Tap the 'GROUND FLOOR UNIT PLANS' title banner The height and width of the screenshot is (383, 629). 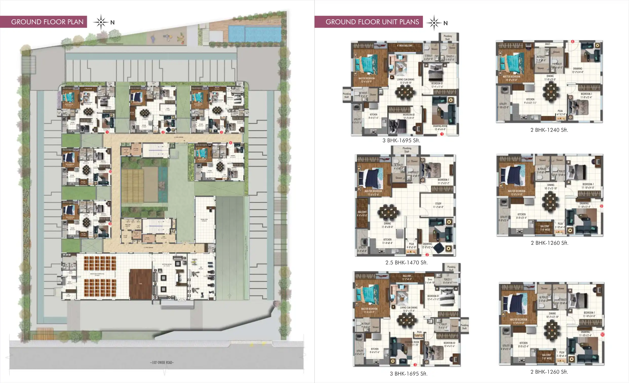coord(372,22)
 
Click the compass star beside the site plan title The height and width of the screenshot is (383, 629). coord(101,22)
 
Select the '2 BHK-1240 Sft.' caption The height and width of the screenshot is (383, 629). coord(549,130)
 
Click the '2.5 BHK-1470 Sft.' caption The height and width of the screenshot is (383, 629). coord(406,262)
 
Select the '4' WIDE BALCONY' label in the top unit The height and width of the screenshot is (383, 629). coord(405,46)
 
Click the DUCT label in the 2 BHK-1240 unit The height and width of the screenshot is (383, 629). coord(547,44)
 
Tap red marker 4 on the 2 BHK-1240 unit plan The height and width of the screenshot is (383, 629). coord(573,42)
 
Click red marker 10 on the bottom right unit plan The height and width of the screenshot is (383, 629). coord(602,334)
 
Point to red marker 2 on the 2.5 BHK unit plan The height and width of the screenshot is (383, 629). coord(427,255)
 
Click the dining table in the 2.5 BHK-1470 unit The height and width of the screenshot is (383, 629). coord(388,213)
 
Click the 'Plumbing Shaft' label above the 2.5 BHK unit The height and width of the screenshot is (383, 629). coord(407,150)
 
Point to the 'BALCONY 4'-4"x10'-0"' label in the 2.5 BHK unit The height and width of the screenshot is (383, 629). coord(362,214)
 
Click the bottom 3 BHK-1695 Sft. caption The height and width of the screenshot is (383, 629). coord(408,374)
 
